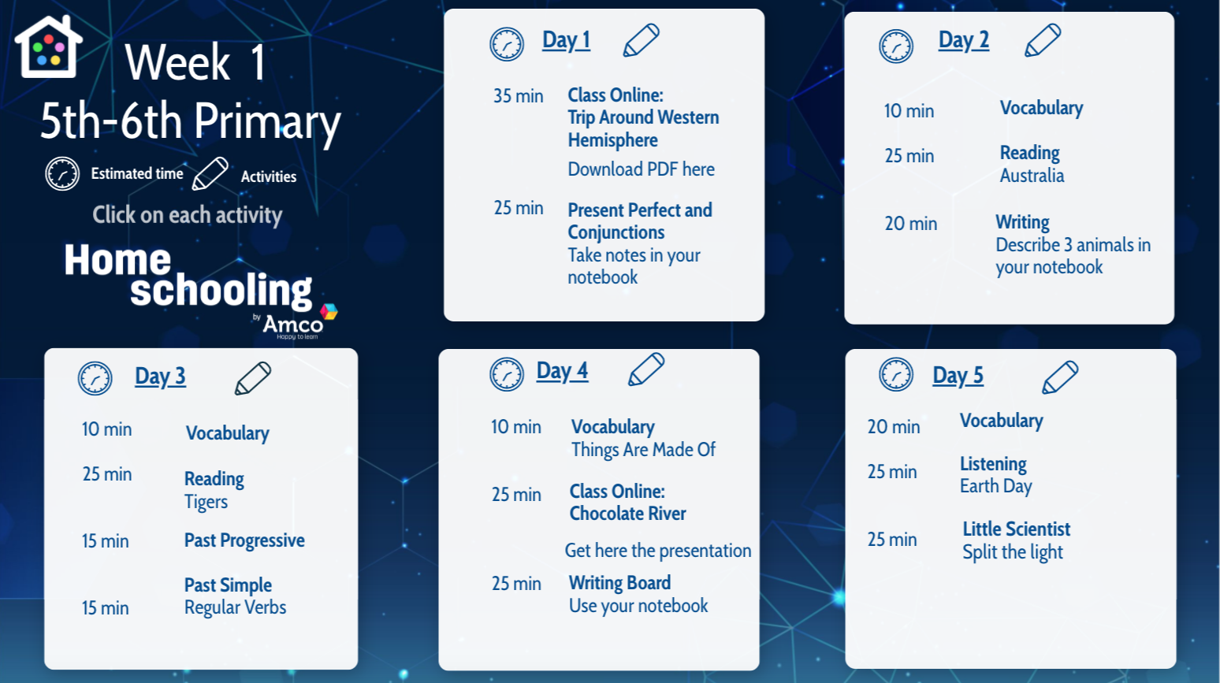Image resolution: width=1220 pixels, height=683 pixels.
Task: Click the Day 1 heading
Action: coord(566,41)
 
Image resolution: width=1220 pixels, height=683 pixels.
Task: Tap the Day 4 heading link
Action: coord(562,372)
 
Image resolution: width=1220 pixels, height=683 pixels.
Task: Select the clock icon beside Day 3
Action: coord(95,378)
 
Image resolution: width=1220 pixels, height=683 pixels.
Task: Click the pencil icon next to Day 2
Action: coord(1043,40)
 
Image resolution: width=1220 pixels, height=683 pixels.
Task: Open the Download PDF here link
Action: coord(641,169)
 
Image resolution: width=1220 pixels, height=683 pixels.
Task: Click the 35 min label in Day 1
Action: coord(518,96)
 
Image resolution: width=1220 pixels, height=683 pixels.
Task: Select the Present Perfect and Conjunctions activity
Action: coord(639,221)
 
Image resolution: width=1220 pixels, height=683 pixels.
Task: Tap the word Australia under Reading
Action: coord(1032,176)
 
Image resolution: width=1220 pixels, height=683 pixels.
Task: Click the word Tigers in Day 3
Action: coord(206,502)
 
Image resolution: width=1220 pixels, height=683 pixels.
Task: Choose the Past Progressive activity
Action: coord(244,540)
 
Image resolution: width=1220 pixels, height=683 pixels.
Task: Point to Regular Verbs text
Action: coord(236,607)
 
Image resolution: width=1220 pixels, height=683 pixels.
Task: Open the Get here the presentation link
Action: coord(658,551)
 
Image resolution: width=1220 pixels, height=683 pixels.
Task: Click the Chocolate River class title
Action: coord(628,513)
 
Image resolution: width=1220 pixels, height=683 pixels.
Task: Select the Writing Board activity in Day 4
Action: coord(619,583)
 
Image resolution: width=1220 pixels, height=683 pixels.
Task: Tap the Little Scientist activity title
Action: coord(1017,529)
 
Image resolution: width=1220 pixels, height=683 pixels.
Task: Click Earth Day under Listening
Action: coord(995,486)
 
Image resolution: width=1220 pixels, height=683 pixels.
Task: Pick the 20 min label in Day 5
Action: coord(893,427)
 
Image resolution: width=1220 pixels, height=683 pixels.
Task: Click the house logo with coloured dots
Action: coord(49,46)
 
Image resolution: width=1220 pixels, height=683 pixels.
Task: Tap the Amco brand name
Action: coord(293,325)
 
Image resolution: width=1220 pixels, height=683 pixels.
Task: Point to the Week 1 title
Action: coord(195,62)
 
